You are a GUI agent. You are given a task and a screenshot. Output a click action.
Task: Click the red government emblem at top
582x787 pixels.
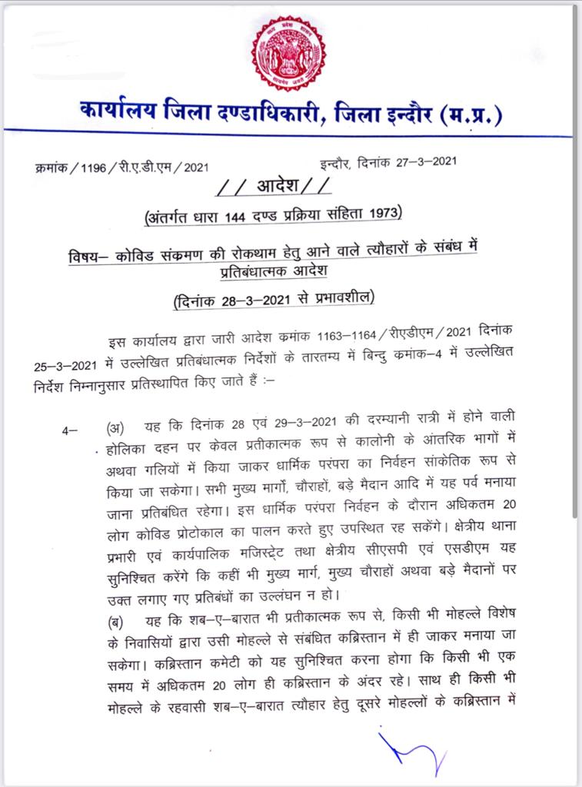click(x=288, y=51)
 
